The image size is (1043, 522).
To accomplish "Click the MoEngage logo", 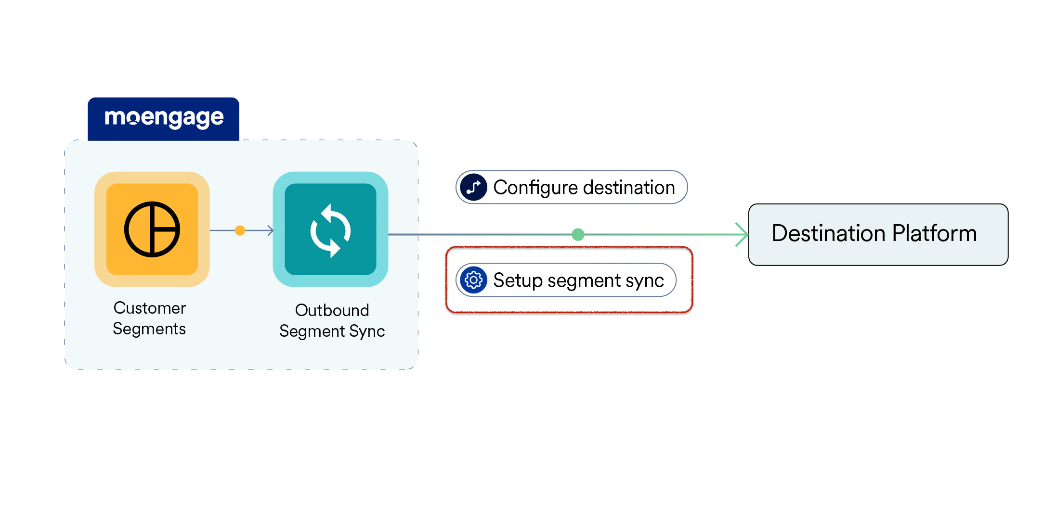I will (164, 118).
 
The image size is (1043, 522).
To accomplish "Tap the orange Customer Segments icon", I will (152, 229).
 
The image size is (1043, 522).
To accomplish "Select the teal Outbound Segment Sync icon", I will (330, 229).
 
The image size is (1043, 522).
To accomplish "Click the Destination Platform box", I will (878, 234).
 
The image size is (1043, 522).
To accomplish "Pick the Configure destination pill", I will (571, 187).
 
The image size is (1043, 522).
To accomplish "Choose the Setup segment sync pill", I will (566, 280).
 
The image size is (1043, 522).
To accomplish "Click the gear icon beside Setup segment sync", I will (474, 280).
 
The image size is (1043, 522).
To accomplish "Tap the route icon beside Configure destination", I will (474, 187).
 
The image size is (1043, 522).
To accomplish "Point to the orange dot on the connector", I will (240, 230).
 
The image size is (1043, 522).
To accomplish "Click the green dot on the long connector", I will (578, 235).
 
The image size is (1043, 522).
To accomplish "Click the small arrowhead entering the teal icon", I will (271, 230).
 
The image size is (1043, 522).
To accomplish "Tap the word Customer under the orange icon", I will (150, 308).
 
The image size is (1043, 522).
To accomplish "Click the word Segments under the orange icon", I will (149, 329).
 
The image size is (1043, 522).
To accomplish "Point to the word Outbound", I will (332, 310).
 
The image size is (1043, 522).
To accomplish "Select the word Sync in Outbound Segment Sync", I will (367, 331).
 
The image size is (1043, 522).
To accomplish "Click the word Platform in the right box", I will (934, 233).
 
